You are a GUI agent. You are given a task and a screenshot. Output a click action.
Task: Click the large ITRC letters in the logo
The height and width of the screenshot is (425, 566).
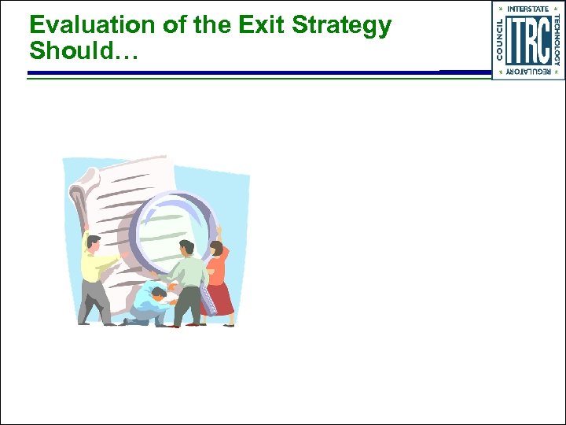pyautogui.click(x=527, y=41)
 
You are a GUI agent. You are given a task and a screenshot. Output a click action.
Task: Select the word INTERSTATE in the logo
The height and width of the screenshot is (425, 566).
pyautogui.click(x=527, y=9)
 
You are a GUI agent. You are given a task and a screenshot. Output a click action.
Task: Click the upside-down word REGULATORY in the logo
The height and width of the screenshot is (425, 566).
pyautogui.click(x=527, y=72)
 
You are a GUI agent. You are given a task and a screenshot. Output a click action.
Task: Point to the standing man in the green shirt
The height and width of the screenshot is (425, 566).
pyautogui.click(x=186, y=283)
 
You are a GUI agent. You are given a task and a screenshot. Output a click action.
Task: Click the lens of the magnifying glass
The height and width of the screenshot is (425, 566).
pyautogui.click(x=171, y=228)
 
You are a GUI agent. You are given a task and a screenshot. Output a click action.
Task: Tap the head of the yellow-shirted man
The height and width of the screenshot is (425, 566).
pyautogui.click(x=94, y=242)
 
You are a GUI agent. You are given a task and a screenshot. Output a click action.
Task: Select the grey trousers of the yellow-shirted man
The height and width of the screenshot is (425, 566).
pyautogui.click(x=95, y=303)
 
